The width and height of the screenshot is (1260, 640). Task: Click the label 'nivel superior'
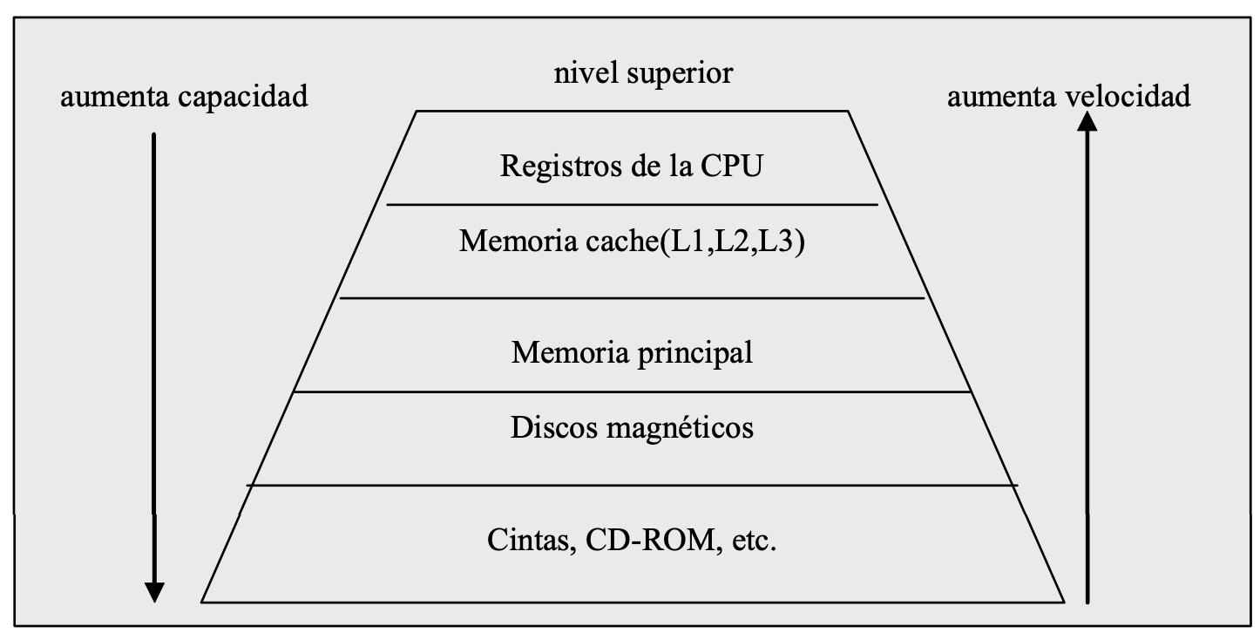pyautogui.click(x=643, y=73)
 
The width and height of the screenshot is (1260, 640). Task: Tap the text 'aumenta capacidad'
pyautogui.click(x=183, y=96)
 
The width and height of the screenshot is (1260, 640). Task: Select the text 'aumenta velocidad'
pyautogui.click(x=1068, y=96)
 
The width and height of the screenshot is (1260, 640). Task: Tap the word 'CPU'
pyautogui.click(x=730, y=166)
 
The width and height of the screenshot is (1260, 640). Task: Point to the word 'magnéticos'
pyautogui.click(x=681, y=428)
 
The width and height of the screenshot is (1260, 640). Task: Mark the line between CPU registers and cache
pyautogui.click(x=632, y=205)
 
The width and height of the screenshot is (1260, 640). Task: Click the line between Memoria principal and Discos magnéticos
pyautogui.click(x=632, y=392)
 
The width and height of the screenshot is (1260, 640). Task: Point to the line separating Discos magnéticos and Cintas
pyautogui.click(x=632, y=485)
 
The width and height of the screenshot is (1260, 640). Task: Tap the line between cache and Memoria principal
pyautogui.click(x=632, y=298)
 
